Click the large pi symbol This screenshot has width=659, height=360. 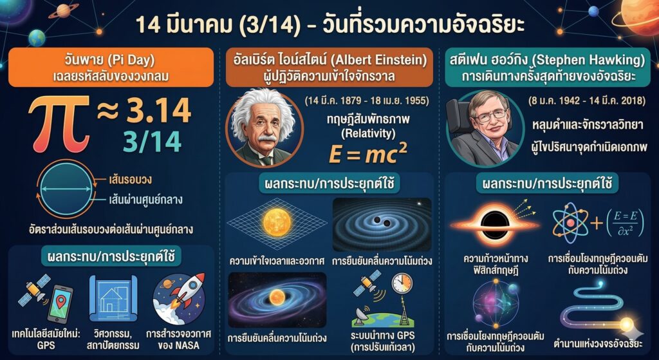(x=59, y=124)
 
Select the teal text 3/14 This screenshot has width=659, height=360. (x=152, y=141)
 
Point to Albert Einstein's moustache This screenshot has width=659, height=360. (x=266, y=138)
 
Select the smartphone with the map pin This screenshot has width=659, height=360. (x=60, y=303)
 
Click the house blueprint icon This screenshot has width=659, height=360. (x=113, y=298)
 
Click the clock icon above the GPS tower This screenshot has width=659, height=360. (x=402, y=283)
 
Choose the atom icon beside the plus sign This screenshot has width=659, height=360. (x=570, y=223)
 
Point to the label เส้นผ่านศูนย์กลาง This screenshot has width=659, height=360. (x=145, y=200)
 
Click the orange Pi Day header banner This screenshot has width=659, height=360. (x=111, y=67)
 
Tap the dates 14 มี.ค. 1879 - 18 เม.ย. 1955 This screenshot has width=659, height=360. (x=366, y=101)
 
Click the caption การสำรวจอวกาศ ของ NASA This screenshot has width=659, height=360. (x=179, y=340)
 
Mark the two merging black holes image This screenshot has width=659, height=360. (x=382, y=225)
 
